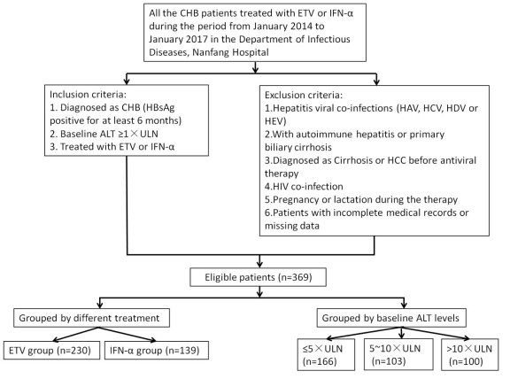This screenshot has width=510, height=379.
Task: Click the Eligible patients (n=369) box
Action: tap(258, 277)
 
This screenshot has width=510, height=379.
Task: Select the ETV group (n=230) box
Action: tap(51, 350)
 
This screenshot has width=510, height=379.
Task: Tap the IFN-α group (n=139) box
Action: tap(157, 350)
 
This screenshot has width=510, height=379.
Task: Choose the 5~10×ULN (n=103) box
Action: tap(398, 354)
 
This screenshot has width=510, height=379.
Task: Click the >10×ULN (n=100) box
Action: tap(469, 354)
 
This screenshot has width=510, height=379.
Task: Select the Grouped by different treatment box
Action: tap(91, 318)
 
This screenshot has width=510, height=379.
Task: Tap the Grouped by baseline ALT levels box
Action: tap(391, 318)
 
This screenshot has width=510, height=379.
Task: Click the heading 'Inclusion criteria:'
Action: tap(88, 95)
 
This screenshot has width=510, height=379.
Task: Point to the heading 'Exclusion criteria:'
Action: tap(304, 95)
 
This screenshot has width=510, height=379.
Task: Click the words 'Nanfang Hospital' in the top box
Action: tap(230, 52)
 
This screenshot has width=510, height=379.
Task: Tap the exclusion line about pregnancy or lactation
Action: tap(361, 199)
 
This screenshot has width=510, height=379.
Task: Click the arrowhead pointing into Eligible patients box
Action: tap(259, 264)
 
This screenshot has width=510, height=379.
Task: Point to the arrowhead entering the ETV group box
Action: tap(56, 339)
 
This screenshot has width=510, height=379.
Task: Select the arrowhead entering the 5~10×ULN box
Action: tap(402, 335)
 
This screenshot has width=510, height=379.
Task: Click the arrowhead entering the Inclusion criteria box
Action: tap(127, 81)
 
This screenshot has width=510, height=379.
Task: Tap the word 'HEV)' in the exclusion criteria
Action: tap(275, 121)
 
